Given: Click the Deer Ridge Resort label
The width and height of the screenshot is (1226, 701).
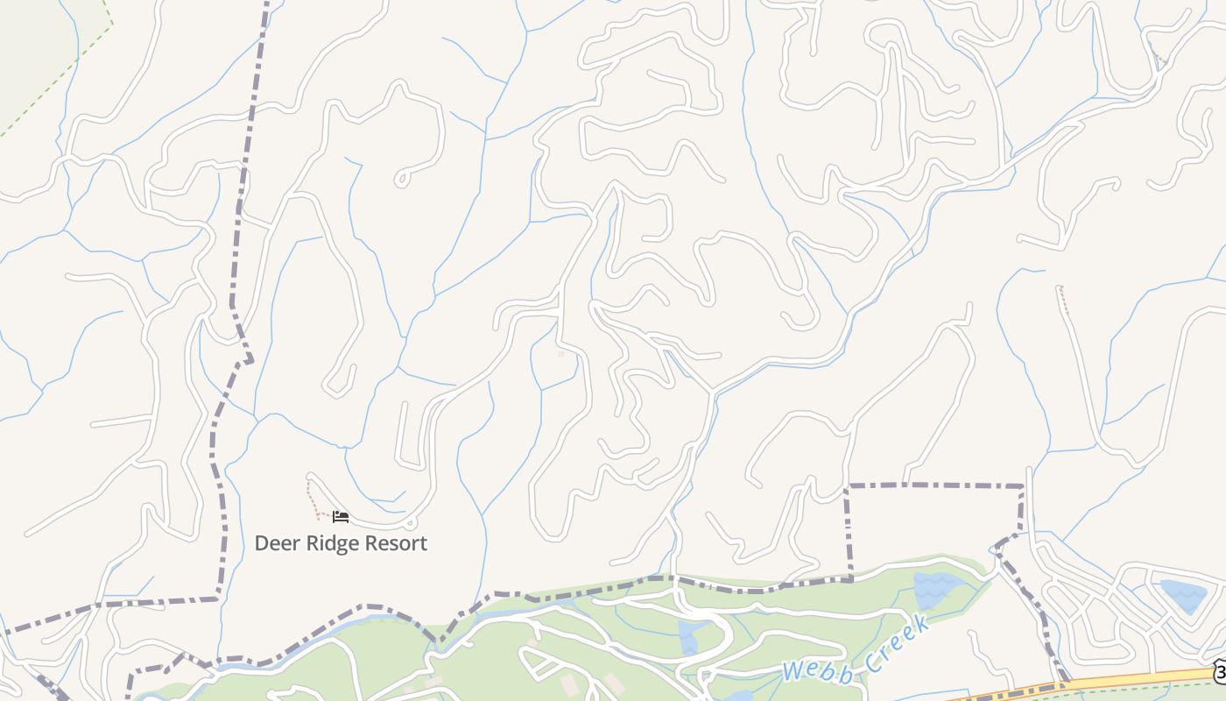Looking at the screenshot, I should [x=341, y=543].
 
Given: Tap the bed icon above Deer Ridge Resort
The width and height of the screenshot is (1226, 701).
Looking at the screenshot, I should [x=341, y=517].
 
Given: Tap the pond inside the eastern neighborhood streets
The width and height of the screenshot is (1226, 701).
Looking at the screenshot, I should [x=1181, y=596].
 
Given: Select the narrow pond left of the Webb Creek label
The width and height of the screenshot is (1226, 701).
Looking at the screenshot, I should [x=688, y=636].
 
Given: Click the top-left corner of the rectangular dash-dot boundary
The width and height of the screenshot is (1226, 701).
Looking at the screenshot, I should [x=847, y=485].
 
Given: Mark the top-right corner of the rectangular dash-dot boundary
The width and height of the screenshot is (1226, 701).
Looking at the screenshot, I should [x=1023, y=485].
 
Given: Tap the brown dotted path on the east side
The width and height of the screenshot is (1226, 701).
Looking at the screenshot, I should [x=1063, y=300].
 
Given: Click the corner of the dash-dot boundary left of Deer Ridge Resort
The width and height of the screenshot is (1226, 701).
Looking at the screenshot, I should [x=218, y=598].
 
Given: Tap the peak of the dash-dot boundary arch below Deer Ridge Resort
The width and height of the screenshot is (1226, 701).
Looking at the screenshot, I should [x=368, y=605].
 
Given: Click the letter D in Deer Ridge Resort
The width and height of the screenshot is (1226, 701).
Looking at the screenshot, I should [x=261, y=543].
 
